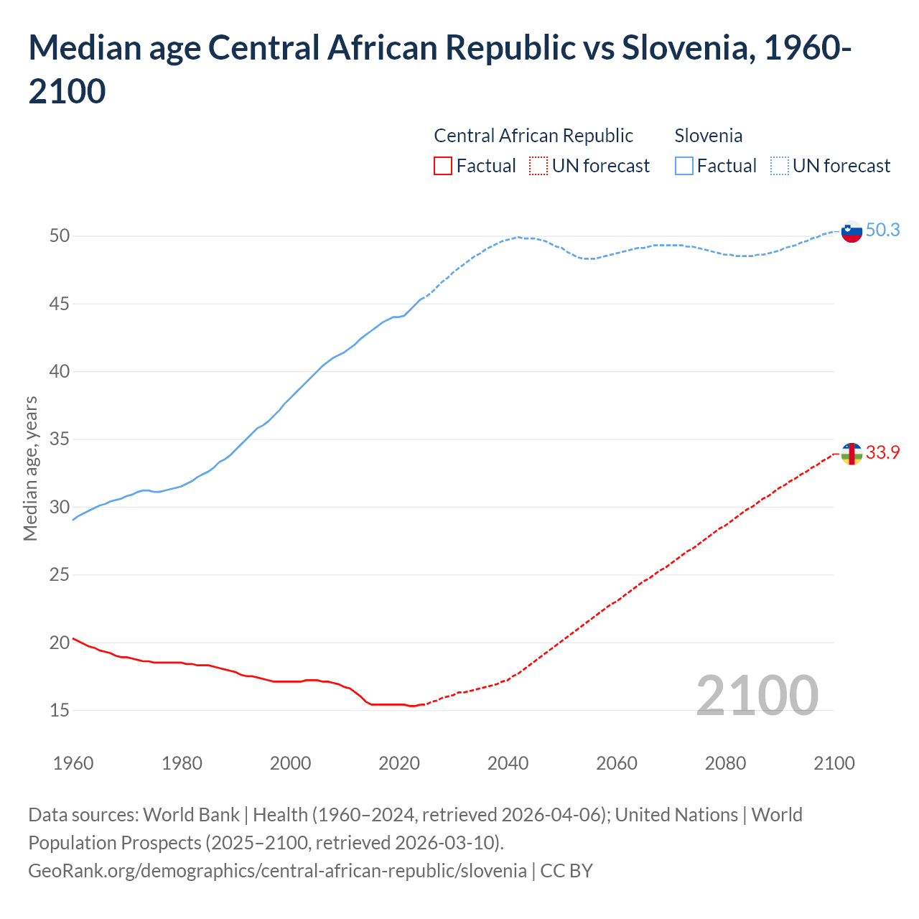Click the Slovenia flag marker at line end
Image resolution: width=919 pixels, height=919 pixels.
point(851,232)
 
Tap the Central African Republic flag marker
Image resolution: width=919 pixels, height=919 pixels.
point(851,454)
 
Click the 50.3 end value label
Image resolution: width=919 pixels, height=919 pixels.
point(882,230)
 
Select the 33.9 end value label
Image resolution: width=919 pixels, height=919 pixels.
point(882,452)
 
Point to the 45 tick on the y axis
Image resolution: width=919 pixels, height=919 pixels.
point(60,304)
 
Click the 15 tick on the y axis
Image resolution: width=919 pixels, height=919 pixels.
point(60,710)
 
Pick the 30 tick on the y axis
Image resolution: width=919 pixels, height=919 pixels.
point(60,507)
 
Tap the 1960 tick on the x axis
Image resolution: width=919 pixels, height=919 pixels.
point(73,763)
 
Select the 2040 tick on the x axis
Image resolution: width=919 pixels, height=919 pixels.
point(508,763)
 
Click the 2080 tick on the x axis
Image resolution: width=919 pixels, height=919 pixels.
point(725,763)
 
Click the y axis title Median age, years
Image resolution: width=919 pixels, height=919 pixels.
point(30,468)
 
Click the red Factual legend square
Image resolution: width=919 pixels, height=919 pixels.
point(443,166)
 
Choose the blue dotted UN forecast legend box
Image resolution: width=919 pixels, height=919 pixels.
point(780,166)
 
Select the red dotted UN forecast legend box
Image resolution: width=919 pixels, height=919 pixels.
point(538,166)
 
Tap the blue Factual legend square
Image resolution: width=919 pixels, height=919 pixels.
point(684,166)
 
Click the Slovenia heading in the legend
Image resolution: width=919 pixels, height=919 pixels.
point(708,136)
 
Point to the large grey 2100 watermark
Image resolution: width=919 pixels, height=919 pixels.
point(757,695)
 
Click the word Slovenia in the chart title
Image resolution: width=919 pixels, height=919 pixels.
point(684,48)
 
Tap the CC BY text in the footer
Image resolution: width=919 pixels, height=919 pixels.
point(566,871)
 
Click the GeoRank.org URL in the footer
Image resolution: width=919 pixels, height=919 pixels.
point(277,871)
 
